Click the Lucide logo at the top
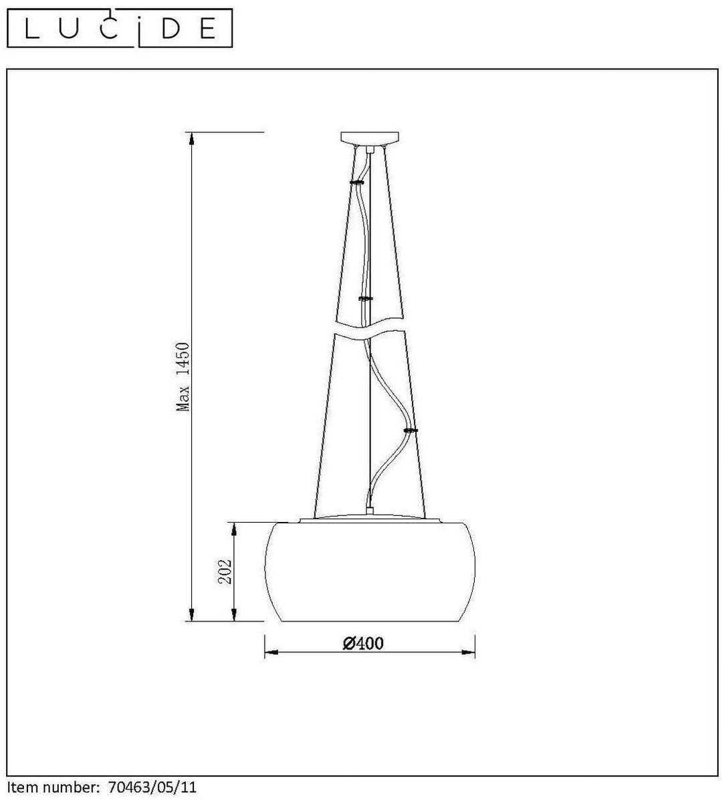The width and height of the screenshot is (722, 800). pyautogui.click(x=120, y=28)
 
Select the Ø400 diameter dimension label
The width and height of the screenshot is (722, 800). pyautogui.click(x=363, y=643)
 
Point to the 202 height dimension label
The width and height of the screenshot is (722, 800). pyautogui.click(x=225, y=571)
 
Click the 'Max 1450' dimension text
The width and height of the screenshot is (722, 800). pyautogui.click(x=183, y=377)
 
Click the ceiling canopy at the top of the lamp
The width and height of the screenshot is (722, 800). pyautogui.click(x=370, y=137)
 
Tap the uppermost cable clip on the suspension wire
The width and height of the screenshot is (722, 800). pyautogui.click(x=357, y=182)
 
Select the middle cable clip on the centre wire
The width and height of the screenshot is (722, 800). pyautogui.click(x=366, y=298)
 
